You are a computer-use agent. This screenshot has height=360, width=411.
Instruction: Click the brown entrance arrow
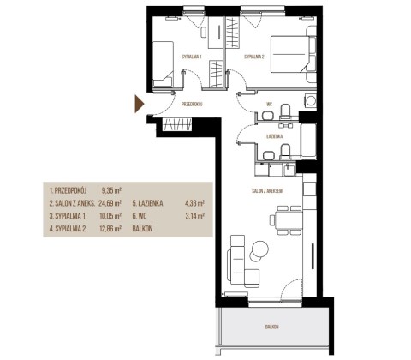pyautogui.click(x=139, y=104)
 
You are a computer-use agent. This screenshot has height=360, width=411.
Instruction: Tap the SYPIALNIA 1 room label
pyautogui.click(x=192, y=57)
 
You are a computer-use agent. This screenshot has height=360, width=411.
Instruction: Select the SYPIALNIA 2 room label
pyautogui.click(x=254, y=57)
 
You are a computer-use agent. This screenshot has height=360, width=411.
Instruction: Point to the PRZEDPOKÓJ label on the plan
pyautogui.click(x=192, y=105)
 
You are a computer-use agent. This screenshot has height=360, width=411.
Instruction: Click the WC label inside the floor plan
pyautogui.click(x=269, y=105)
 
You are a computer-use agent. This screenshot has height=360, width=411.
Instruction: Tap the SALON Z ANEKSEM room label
pyautogui.click(x=267, y=191)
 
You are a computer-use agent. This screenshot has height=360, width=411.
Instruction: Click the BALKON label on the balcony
pyautogui.click(x=271, y=327)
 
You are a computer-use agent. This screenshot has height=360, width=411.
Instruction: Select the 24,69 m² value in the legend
pyautogui.click(x=110, y=203)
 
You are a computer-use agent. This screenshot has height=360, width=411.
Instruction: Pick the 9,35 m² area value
pyautogui.click(x=112, y=190)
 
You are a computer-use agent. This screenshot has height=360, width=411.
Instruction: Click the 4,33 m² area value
pyautogui.click(x=195, y=203)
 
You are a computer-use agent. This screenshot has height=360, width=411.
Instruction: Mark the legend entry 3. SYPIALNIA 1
pyautogui.click(x=68, y=216)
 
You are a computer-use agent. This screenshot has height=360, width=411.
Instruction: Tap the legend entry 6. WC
pyautogui.click(x=140, y=216)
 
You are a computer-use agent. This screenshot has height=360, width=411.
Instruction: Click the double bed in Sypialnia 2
pyautogui.click(x=293, y=54)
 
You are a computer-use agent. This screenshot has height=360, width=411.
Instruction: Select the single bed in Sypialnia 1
pyautogui.click(x=163, y=64)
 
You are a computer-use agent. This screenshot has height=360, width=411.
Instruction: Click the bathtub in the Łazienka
pyautogui.click(x=308, y=141)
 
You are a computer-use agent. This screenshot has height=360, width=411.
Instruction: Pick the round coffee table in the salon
pyautogui.click(x=259, y=249)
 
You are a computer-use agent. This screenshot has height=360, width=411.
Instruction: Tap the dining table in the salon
pyautogui.click(x=289, y=220)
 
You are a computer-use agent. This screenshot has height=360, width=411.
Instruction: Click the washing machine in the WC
pyautogui.click(x=311, y=101)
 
